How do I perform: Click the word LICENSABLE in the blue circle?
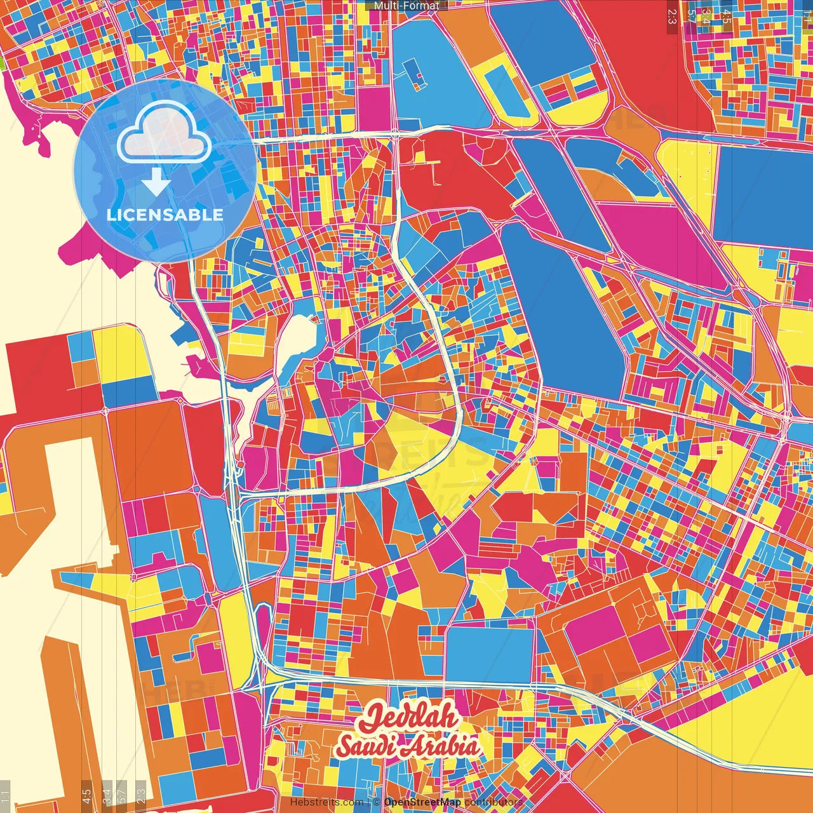coord(165,215)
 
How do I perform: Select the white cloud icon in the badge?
coord(165,132)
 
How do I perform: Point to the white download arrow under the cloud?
coord(156,184)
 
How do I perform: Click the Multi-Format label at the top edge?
coord(406,6)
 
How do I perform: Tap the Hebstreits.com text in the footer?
coord(327,802)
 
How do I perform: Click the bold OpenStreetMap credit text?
coord(422,802)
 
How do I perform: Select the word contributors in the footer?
coord(494,802)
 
